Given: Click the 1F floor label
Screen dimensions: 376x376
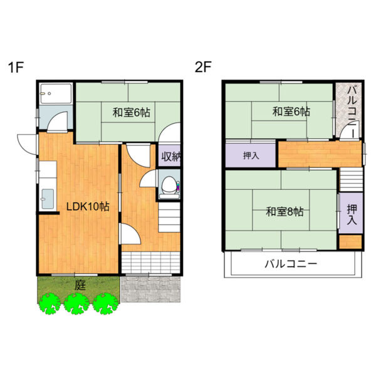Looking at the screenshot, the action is (16, 67).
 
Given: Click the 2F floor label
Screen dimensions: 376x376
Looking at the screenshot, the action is (203, 67).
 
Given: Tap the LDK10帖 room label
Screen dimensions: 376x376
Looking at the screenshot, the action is (88, 206).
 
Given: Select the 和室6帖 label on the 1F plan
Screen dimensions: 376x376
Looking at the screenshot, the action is (132, 112).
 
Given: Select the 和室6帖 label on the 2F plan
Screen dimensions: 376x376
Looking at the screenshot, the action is (291, 112).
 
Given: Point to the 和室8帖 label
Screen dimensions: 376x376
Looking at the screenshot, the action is (285, 212).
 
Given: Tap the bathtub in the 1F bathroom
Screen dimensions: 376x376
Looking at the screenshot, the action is (56, 93).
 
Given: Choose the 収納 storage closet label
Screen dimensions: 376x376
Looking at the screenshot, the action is (170, 156).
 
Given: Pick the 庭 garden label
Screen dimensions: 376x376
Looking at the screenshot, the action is (80, 285).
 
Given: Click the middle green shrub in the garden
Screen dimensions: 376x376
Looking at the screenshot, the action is (76, 303).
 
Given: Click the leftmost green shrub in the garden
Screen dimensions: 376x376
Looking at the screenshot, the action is (50, 303).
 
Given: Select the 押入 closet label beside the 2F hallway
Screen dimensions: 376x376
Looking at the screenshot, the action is (251, 155).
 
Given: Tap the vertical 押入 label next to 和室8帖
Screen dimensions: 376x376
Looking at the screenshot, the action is (352, 214).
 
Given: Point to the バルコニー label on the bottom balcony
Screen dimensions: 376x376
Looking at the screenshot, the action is (291, 264).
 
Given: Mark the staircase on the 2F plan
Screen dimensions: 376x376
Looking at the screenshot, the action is (352, 180).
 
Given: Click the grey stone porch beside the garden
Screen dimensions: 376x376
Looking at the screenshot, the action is (150, 289).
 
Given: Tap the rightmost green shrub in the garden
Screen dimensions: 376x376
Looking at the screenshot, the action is (105, 303).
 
